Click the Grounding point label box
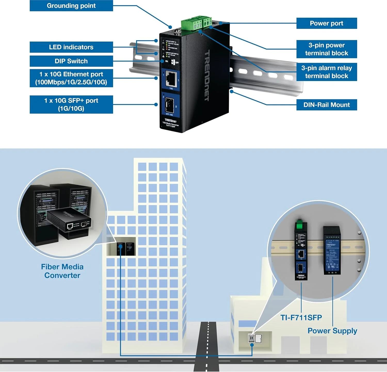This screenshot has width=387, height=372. pos(71,6)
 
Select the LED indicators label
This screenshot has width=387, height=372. pos(71,47)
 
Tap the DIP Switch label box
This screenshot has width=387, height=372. pos(71,61)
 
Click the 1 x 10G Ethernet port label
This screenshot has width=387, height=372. pos(71,78)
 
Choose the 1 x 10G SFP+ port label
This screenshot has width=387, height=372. pos(71,104)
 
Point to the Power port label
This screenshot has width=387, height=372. pos(326,23)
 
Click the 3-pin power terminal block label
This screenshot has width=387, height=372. pos(326,49)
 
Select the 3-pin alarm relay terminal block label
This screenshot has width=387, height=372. pos(326,72)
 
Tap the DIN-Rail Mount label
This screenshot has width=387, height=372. pos(326,105)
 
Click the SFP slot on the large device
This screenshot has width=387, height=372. pos(169,105)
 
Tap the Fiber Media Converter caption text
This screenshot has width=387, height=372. pos(62,271)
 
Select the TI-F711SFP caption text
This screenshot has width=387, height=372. pos(301,318)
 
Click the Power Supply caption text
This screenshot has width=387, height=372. pos(332,331)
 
